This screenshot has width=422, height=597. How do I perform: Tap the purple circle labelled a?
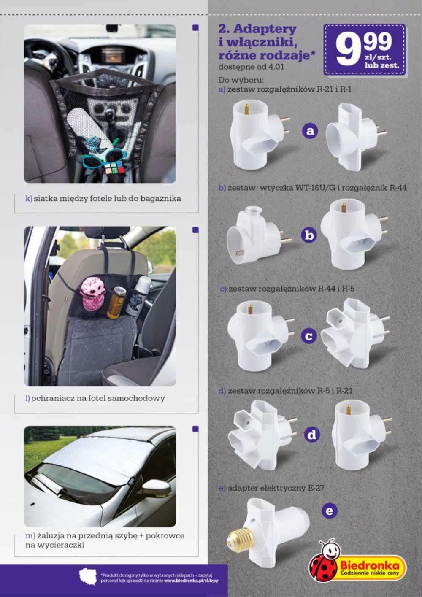click(309, 131)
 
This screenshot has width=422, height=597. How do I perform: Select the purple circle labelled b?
click(309, 235)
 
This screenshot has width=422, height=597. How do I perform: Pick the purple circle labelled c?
click(309, 336)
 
